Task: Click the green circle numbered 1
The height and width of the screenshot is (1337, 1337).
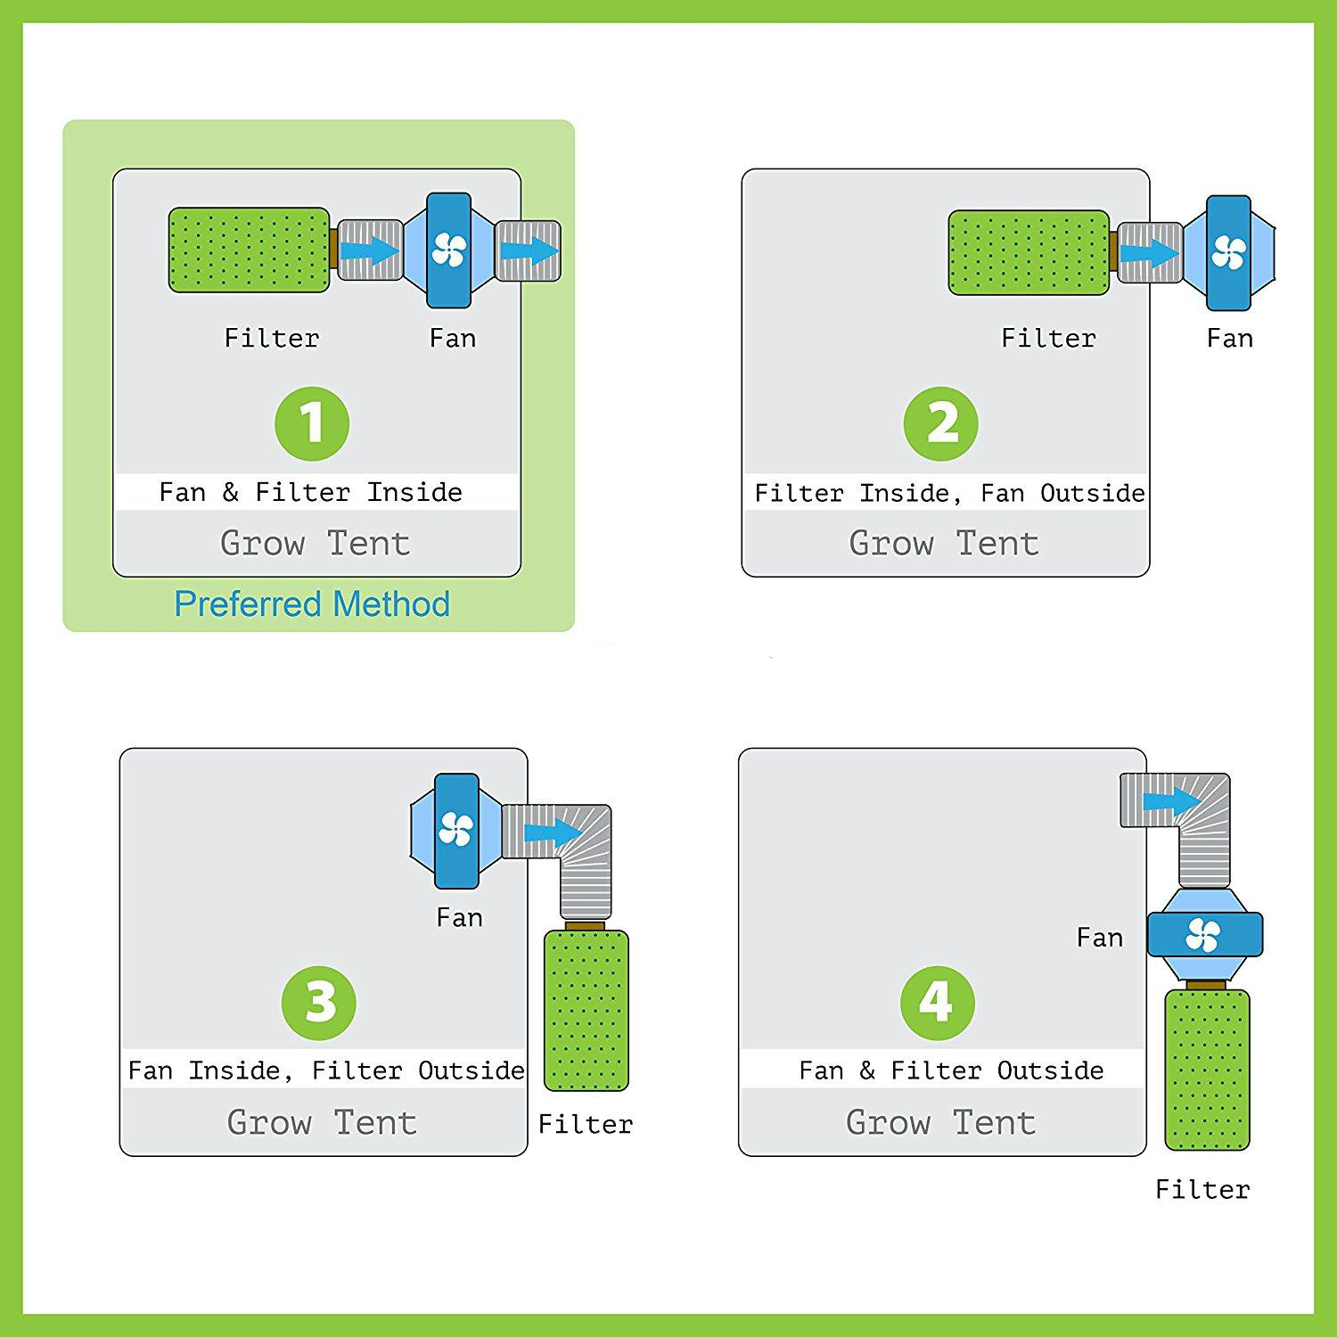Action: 312,423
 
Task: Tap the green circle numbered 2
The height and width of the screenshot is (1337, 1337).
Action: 941,423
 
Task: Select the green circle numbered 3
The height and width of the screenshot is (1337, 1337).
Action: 319,1003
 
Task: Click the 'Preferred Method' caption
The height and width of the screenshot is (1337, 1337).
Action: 312,604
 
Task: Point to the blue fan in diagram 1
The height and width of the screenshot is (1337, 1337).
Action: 448,251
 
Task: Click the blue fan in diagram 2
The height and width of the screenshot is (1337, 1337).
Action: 1229,253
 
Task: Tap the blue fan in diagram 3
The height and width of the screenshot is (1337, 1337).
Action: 456,831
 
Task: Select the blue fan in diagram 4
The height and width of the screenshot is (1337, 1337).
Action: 1205,935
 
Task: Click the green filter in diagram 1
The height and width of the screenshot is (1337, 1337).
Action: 250,250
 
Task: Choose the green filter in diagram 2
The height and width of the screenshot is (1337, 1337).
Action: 1029,252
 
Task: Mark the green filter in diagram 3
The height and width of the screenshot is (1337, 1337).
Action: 586,1010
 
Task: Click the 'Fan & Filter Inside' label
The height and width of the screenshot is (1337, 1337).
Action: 311,492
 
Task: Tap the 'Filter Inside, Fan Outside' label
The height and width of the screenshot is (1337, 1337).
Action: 950,493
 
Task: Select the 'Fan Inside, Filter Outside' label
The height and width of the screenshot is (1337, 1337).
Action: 326,1070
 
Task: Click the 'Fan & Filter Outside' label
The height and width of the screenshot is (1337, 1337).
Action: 951,1070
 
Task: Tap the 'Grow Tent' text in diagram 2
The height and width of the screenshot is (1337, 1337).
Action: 944,543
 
